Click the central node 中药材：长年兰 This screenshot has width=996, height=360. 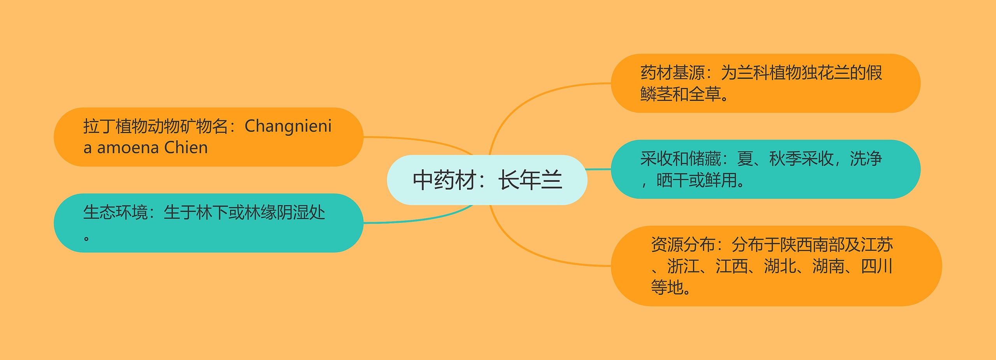(487, 180)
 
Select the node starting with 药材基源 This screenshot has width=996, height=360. (765, 83)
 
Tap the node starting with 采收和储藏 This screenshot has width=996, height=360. (765, 169)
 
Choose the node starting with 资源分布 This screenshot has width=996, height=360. (776, 266)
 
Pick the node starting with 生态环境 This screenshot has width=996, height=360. (208, 223)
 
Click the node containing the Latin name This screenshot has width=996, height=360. (208, 137)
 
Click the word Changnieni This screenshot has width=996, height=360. (288, 126)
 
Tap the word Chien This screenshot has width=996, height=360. (186, 148)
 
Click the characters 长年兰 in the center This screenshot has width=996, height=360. (530, 180)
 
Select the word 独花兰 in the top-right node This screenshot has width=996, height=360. (825, 73)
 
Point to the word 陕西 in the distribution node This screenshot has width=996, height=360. (796, 245)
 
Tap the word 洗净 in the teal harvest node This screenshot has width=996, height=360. (866, 159)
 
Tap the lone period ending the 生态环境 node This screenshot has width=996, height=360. (86, 237)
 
